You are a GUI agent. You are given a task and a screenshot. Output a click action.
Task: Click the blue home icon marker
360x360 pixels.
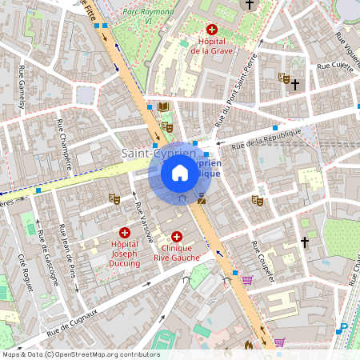point(180,172)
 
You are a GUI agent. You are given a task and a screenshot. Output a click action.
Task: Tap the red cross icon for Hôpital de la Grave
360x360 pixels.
point(211,29)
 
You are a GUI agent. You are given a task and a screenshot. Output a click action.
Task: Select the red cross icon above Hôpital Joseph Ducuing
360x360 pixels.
point(124,232)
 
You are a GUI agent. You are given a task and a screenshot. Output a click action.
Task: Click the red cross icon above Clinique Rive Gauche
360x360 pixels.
point(177,238)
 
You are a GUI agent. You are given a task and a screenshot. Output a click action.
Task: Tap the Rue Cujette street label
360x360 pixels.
point(335,67)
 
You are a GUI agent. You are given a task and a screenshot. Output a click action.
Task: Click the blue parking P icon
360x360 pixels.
point(342,327)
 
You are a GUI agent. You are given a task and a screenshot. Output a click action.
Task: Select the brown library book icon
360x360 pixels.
point(163,106)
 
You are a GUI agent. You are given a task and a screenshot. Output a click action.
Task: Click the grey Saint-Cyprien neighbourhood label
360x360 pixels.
point(149,152)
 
